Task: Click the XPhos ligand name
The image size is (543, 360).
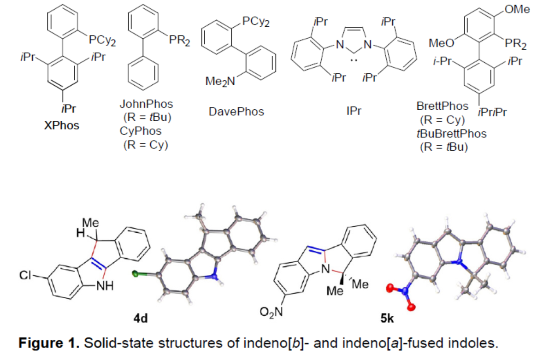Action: click(61, 125)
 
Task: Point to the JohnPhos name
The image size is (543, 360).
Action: click(146, 104)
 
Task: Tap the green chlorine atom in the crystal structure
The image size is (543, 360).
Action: click(136, 273)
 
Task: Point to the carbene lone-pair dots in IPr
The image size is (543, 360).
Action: click(353, 60)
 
